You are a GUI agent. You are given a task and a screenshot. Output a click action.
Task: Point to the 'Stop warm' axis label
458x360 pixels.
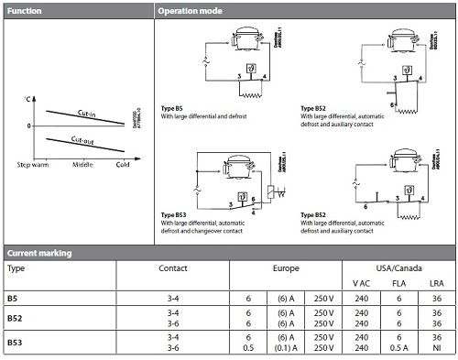(x=33, y=164)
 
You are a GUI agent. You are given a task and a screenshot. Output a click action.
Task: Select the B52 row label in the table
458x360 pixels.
(x=15, y=318)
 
